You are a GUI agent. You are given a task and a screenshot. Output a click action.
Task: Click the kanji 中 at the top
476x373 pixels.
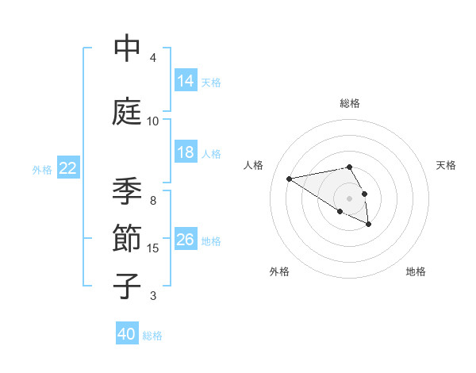click(127, 49)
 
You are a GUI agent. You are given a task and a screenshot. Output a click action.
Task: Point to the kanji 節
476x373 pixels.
click(127, 239)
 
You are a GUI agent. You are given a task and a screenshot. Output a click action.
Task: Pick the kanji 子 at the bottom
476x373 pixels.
click(127, 286)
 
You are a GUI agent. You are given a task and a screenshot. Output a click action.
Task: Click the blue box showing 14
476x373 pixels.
click(186, 81)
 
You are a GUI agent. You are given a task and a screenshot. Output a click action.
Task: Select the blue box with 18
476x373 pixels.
click(186, 152)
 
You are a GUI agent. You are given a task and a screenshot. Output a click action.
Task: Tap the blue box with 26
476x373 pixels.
click(186, 240)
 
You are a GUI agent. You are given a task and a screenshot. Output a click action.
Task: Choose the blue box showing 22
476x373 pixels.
click(68, 168)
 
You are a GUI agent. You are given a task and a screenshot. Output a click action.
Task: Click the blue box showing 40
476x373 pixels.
click(127, 334)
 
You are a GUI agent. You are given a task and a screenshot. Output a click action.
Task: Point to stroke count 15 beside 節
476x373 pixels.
click(154, 248)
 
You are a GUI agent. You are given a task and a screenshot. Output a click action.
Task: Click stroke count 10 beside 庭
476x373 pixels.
click(153, 121)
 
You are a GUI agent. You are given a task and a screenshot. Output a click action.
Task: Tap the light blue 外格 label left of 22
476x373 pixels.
click(42, 169)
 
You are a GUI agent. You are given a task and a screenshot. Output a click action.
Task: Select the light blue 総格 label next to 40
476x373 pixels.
click(153, 336)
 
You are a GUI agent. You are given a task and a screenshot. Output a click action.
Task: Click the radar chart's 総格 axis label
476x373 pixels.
click(349, 103)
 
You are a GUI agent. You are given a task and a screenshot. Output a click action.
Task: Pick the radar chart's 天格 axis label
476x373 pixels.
click(446, 165)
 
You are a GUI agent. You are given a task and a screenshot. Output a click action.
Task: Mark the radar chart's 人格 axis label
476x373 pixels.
click(253, 165)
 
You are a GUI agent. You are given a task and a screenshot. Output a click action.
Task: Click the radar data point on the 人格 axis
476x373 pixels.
click(290, 179)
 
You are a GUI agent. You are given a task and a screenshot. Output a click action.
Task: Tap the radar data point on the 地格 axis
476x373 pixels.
click(369, 225)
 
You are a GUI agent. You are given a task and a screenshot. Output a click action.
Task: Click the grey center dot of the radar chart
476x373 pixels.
click(349, 198)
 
